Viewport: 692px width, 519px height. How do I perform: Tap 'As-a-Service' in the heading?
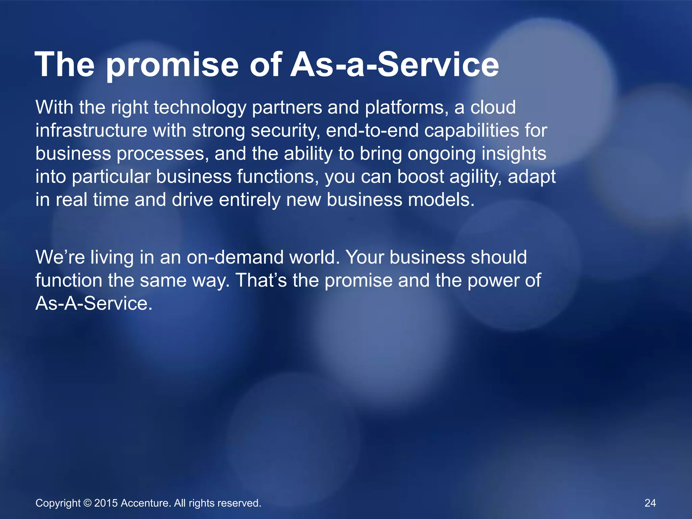pos(395,65)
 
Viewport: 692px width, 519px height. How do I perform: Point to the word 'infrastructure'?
pos(91,130)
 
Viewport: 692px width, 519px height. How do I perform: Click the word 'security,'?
pos(285,131)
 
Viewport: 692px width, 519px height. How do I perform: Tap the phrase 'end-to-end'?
pos(372,130)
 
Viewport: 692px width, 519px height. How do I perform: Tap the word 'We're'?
pos(60,257)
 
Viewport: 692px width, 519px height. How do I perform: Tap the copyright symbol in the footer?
pos(88,503)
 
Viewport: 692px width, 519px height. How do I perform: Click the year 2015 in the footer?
pos(106,503)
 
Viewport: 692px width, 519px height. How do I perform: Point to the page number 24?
pos(650,503)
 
